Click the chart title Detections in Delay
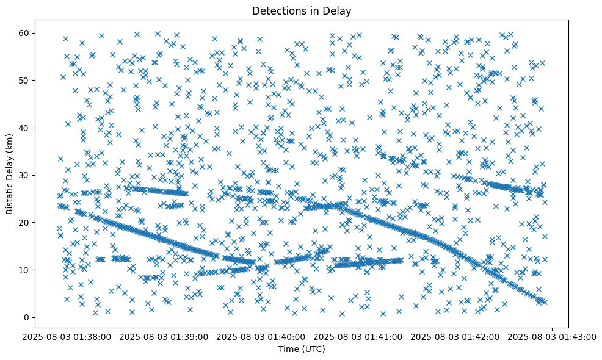click(302, 10)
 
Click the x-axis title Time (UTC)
click(302, 349)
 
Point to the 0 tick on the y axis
click(27, 317)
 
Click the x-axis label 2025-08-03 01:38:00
click(68, 336)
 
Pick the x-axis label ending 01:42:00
click(455, 336)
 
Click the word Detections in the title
click(278, 10)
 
